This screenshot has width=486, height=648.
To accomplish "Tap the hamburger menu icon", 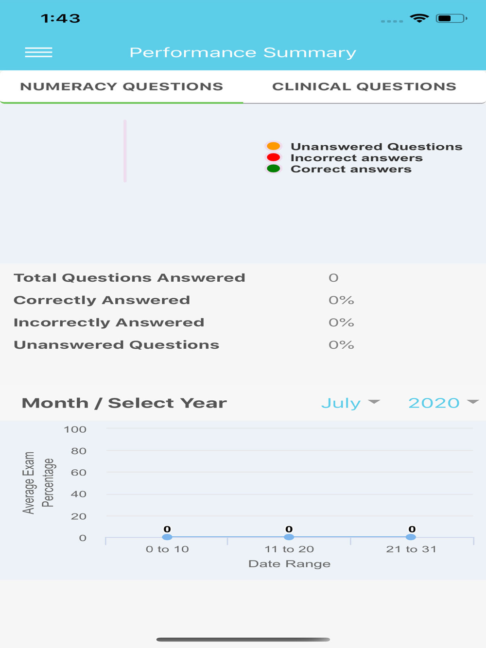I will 38,52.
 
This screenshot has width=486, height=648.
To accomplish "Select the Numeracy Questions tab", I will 121,86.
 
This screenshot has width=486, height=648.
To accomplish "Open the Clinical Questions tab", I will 364,86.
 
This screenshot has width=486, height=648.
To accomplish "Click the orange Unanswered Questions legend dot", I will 274,146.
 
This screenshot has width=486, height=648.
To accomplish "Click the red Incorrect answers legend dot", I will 274,157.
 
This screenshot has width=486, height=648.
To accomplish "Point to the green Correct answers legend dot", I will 274,169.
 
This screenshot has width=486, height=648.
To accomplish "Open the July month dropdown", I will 350,403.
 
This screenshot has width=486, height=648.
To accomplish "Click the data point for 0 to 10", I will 167,537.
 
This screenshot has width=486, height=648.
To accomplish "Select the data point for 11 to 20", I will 289,537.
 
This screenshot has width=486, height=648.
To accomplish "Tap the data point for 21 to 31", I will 411,537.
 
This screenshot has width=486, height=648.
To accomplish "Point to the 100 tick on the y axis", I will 75,429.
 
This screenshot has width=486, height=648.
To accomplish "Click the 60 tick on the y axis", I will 79,473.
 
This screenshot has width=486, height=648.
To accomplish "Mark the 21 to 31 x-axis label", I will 411,549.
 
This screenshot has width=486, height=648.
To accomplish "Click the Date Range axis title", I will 289,564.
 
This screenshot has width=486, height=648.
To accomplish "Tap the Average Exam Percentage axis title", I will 38,482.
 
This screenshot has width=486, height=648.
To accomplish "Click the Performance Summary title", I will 243,52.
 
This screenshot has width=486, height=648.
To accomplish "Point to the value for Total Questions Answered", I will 333,278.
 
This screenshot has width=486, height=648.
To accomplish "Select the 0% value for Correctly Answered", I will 341,300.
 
